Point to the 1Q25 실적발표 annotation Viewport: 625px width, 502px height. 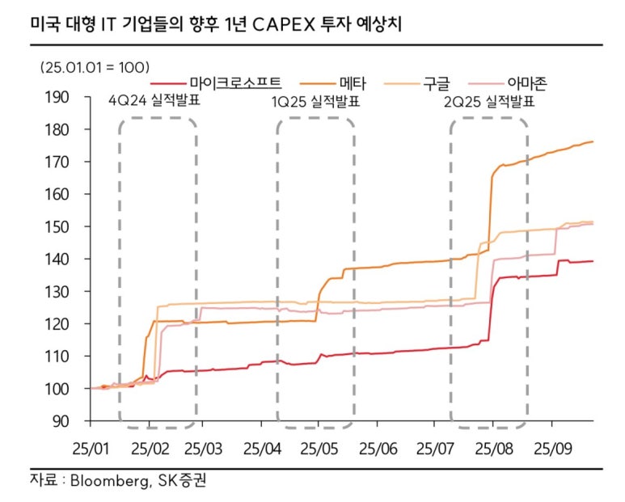coord(315,103)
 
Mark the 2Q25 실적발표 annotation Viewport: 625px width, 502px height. coord(489,103)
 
